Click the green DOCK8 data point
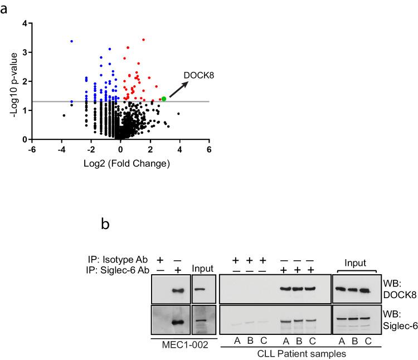[163, 99]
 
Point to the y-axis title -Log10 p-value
[12, 81]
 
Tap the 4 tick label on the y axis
[24, 23]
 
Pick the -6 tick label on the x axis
[32, 149]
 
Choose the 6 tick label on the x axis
[209, 149]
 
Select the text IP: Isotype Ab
[119, 260]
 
